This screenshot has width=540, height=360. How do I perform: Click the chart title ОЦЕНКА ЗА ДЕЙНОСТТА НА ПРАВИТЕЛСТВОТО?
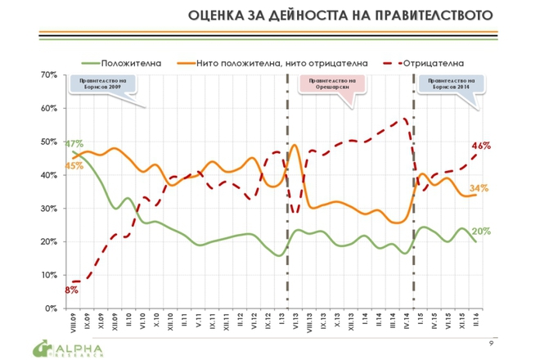click(x=341, y=16)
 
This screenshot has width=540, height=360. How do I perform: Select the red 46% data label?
click(x=480, y=146)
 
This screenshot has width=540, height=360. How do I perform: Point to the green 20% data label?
click(x=480, y=232)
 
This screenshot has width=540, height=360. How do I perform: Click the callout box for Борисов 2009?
click(x=102, y=86)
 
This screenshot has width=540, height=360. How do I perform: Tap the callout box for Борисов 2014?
click(x=447, y=86)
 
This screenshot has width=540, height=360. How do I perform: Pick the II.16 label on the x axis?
click(x=477, y=322)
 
